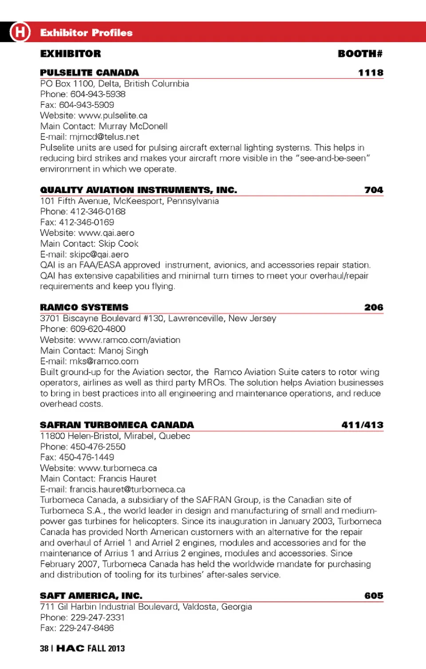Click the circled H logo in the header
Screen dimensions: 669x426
tap(20, 32)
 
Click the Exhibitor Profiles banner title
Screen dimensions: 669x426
tap(86, 33)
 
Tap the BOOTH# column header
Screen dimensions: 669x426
tap(360, 54)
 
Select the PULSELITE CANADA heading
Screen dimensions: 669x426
tap(89, 73)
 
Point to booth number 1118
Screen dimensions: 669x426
tap(371, 73)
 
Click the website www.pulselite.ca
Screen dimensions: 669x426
tap(113, 115)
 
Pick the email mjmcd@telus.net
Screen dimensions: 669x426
tap(104, 137)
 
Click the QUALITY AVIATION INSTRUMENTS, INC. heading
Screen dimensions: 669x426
tap(138, 190)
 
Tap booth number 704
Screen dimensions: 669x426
tap(374, 190)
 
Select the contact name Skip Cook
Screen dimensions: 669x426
tap(118, 244)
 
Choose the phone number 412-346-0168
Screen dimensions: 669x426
tap(98, 212)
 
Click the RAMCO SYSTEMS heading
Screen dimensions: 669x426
tap(84, 307)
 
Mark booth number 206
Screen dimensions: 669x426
tap(374, 307)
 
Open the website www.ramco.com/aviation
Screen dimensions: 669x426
tap(129, 340)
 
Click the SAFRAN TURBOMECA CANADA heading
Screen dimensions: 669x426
tap(117, 425)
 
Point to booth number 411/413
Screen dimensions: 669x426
tap(362, 425)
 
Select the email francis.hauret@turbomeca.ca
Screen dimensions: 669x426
tap(127, 489)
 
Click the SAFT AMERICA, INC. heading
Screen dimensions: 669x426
tap(91, 596)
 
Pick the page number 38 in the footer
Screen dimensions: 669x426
tap(44, 649)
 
